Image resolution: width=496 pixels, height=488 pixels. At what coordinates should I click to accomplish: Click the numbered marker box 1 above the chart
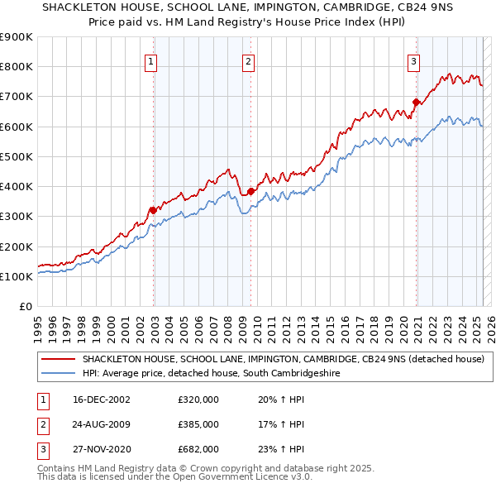(x=152, y=60)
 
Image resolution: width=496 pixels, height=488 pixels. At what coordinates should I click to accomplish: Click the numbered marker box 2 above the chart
(x=248, y=60)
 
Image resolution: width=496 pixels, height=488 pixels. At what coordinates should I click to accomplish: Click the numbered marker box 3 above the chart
(x=413, y=60)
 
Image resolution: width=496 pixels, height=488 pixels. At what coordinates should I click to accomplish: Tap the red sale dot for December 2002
(x=153, y=210)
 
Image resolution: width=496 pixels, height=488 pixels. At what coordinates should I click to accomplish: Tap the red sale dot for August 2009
(x=250, y=191)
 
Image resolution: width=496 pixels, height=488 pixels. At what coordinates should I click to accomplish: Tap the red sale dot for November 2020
(x=416, y=103)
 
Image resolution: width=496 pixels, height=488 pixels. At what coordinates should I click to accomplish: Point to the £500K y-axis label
(x=17, y=156)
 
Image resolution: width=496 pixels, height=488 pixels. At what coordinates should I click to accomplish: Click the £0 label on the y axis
(x=25, y=306)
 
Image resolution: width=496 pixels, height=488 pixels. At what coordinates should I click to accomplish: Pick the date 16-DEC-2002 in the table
(x=101, y=399)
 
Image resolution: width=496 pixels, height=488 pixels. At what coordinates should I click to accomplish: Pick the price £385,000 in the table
(x=198, y=424)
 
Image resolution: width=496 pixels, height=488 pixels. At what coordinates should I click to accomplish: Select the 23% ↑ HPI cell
(x=276, y=449)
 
